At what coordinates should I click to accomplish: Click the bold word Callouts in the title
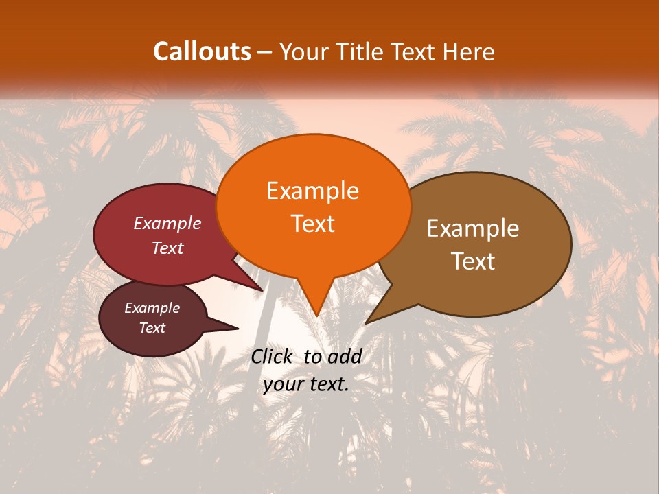[202, 51]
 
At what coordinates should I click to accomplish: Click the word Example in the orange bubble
[312, 191]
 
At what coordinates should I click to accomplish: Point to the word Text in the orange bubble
[312, 224]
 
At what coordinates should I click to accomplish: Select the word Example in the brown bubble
[473, 228]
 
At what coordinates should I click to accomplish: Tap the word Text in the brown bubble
[473, 261]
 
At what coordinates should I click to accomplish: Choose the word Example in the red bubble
[167, 223]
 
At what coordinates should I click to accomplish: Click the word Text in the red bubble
[167, 248]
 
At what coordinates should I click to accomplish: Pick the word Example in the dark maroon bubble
[152, 308]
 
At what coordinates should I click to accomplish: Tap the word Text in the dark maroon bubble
[152, 328]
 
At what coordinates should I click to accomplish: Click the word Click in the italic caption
[272, 356]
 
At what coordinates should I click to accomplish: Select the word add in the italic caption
[345, 356]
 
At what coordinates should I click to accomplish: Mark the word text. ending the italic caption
[327, 384]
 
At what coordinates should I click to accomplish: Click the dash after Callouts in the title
[266, 52]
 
